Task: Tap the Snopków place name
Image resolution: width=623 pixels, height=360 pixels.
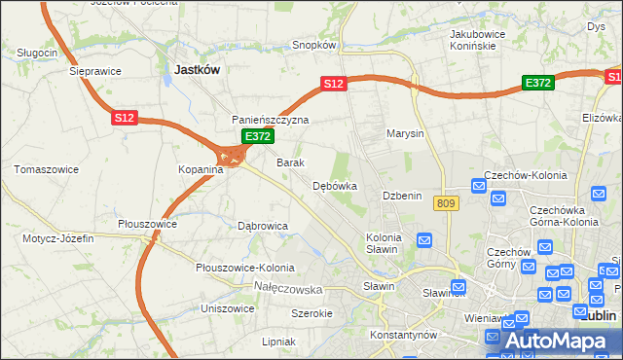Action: (x=314, y=45)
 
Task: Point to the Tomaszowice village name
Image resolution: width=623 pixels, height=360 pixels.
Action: (x=46, y=169)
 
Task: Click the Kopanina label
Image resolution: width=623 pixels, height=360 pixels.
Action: (x=201, y=169)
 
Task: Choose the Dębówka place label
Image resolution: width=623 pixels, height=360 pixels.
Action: (x=335, y=186)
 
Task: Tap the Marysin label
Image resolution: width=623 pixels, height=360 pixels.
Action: (x=405, y=133)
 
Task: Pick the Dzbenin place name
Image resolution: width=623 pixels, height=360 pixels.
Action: (x=402, y=196)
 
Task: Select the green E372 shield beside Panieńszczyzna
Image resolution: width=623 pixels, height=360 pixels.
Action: (x=257, y=137)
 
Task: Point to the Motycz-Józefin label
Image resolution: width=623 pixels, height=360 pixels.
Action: (x=57, y=238)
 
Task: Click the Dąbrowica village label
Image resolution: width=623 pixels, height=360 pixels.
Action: (x=263, y=226)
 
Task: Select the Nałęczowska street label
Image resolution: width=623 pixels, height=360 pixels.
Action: (x=287, y=289)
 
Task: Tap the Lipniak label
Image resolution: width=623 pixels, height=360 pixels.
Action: (x=278, y=342)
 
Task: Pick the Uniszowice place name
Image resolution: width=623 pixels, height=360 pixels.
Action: (x=228, y=308)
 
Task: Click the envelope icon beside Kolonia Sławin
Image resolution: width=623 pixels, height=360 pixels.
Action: (x=424, y=239)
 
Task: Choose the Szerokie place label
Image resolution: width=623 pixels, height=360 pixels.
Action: (x=312, y=313)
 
